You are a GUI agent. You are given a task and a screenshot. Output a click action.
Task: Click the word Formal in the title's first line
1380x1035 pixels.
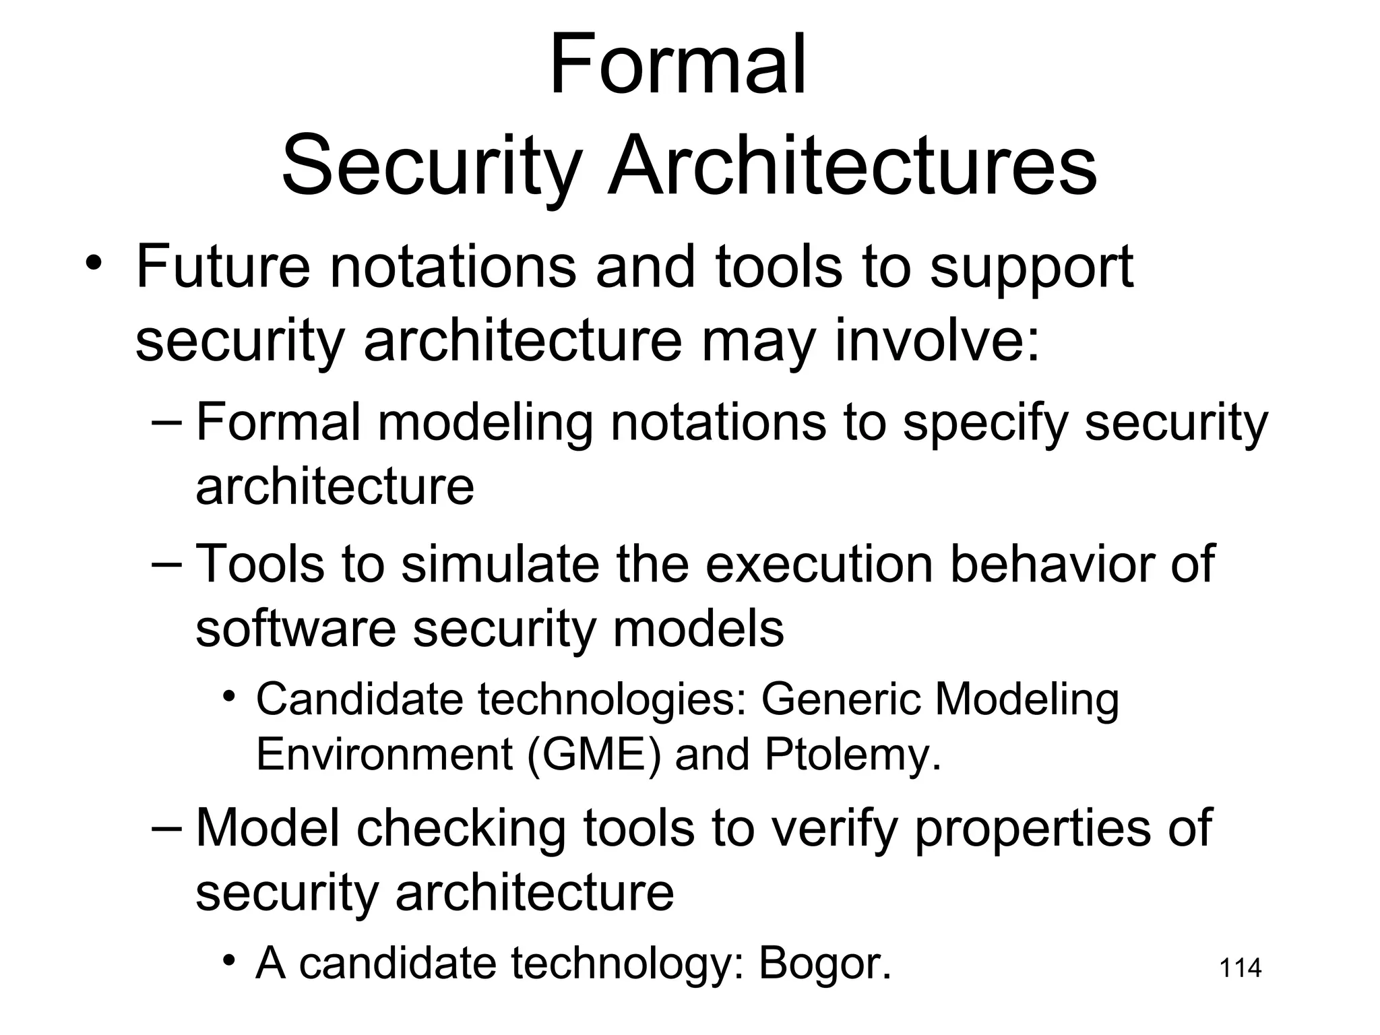tap(677, 66)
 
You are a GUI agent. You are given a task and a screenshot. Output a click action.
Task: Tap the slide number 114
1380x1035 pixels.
tap(1241, 968)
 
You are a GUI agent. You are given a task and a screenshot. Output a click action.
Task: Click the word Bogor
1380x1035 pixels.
tap(825, 963)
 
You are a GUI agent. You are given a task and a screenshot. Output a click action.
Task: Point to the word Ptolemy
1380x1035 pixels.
tap(852, 754)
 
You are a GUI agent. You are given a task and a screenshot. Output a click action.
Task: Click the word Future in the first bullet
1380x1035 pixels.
tap(223, 267)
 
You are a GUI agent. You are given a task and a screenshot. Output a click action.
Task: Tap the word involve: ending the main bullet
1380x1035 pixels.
tap(938, 341)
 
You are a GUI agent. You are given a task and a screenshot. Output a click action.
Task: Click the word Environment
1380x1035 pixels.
tap(385, 754)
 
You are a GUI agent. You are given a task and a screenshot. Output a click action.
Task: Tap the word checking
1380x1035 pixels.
tap(461, 828)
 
